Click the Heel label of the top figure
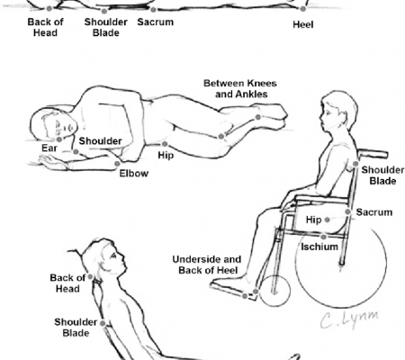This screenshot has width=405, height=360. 303,24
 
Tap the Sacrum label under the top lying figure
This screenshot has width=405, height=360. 156,22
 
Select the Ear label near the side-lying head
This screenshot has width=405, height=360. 49,148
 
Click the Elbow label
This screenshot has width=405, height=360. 134,174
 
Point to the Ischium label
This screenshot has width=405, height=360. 319,247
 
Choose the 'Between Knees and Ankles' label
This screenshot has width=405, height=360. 240,88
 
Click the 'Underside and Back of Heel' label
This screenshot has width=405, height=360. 207,265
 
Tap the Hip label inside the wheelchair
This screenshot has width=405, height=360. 313,220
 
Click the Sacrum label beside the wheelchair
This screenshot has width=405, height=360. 374,212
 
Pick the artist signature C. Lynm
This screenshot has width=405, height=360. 349,319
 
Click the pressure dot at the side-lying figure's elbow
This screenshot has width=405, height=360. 117,164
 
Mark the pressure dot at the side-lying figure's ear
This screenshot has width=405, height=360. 59,139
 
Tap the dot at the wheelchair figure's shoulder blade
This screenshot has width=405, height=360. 355,164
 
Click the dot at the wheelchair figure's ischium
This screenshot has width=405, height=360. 323,238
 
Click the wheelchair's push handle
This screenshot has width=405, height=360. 373,154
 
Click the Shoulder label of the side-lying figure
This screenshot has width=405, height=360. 100,141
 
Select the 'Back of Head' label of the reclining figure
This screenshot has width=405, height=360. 67,283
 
